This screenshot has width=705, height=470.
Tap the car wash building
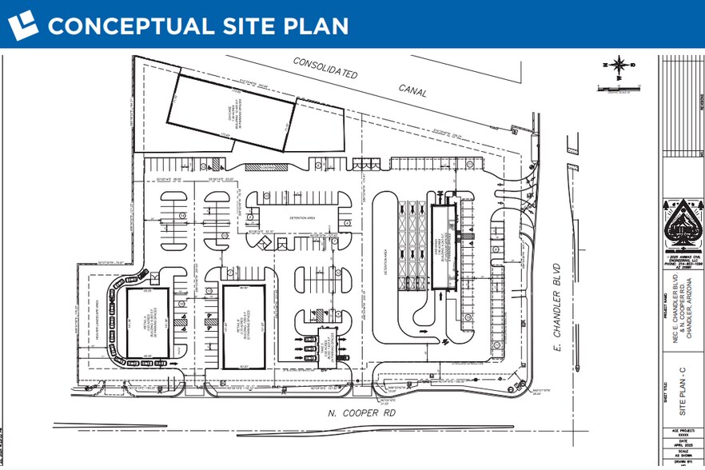(442, 247)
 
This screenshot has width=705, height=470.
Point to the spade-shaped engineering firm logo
(681, 228)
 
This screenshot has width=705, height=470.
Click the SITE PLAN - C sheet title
(682, 392)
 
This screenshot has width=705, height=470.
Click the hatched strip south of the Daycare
(258, 167)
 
